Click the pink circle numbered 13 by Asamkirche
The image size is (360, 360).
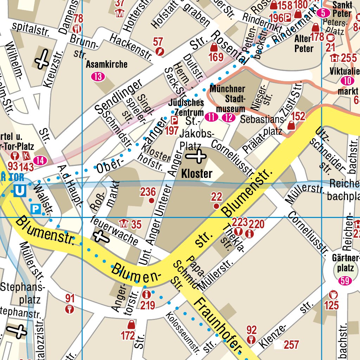[98, 76]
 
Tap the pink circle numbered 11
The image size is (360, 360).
[211, 117]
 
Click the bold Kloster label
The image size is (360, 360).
[197, 174]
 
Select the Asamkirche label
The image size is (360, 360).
[107, 65]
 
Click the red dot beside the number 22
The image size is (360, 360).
[216, 206]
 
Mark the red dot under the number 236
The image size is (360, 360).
[152, 200]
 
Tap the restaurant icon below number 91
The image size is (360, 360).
[70, 309]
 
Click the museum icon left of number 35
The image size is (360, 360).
[123, 223]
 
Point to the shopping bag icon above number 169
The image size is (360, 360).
[214, 47]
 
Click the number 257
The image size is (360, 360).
[291, 345]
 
